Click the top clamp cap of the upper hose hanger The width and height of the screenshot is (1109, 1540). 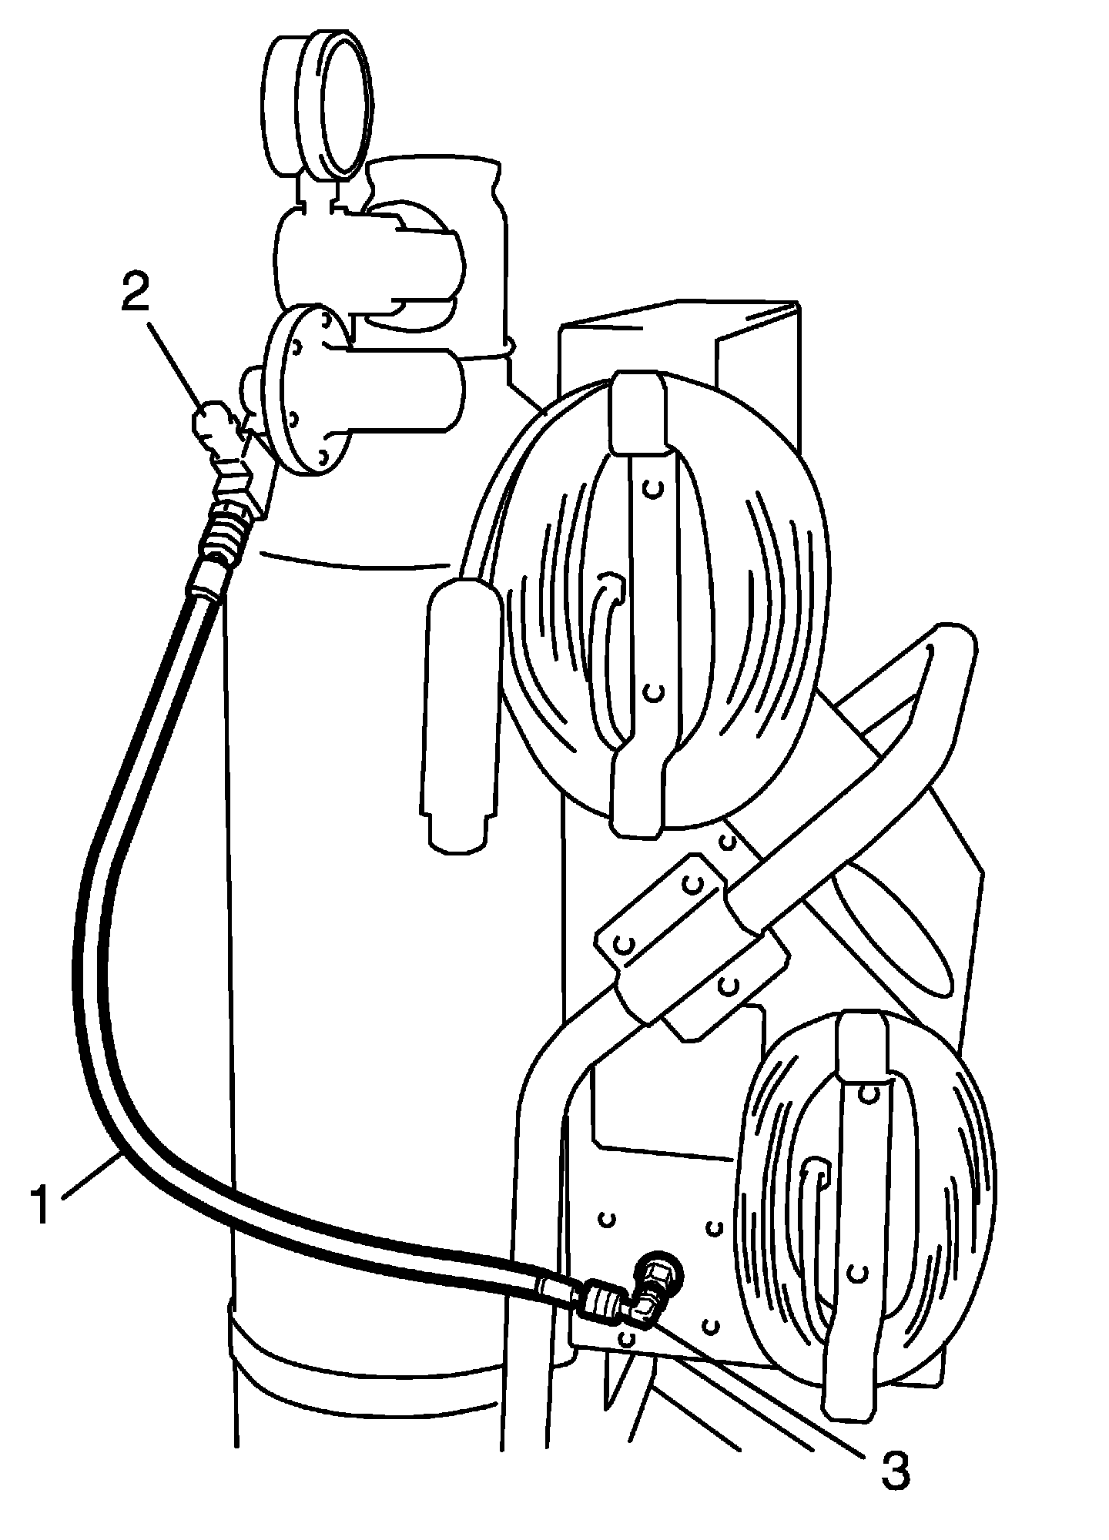pos(636,412)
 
